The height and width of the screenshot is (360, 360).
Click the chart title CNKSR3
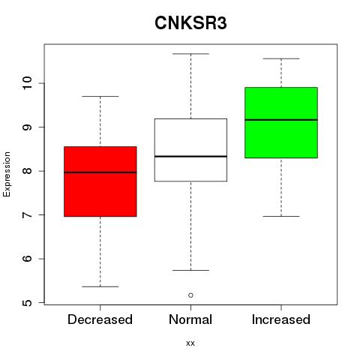[x=190, y=23]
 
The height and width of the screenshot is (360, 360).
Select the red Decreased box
[x=100, y=181]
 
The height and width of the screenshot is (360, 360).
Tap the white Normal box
[x=190, y=150]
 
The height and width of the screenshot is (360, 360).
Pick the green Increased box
[x=281, y=122]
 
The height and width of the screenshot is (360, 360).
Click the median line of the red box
[x=100, y=172]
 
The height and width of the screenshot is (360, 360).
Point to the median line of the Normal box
[x=190, y=156]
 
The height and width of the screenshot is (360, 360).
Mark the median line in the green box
[x=281, y=120]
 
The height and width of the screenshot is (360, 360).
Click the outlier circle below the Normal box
[x=190, y=295]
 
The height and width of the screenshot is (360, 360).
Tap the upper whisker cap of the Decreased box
[x=100, y=96]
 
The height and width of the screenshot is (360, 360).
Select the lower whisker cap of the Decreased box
[x=100, y=286]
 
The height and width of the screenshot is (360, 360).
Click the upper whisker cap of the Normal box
[x=190, y=54]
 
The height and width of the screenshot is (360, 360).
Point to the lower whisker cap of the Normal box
[x=190, y=270]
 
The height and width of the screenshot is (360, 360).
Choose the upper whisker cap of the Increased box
[x=281, y=58]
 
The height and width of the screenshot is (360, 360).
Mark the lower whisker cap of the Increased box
[x=281, y=216]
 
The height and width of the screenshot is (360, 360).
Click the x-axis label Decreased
[x=100, y=319]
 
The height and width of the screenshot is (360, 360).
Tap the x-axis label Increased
[x=281, y=319]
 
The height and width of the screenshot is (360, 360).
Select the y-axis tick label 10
[x=27, y=83]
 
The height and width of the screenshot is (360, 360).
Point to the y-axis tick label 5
[x=27, y=303]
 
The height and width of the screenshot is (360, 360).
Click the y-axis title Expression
[x=7, y=174]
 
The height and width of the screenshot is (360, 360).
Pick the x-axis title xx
[x=190, y=343]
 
